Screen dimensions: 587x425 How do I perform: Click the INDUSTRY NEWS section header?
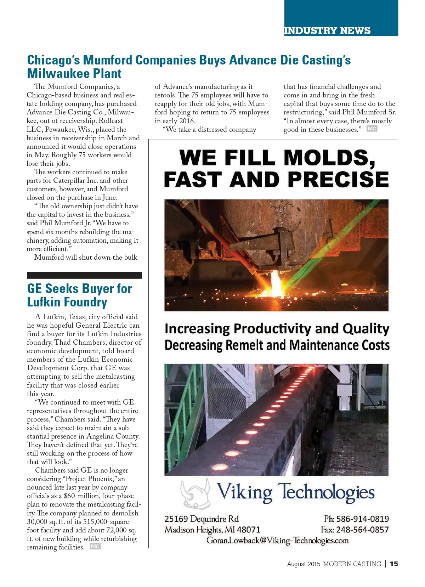point(327,31)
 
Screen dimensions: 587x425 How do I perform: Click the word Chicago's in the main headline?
point(53,60)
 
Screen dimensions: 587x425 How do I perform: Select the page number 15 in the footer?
point(394,564)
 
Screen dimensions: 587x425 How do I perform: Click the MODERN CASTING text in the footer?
point(352,564)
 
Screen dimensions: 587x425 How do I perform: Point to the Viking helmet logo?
point(195,493)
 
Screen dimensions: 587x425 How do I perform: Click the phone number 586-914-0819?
point(362,519)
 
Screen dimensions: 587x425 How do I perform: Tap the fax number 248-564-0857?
point(362,530)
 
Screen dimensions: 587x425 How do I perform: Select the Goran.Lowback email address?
point(277,541)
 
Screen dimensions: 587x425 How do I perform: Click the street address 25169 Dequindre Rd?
point(202,519)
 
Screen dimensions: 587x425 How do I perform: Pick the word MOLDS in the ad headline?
point(329,158)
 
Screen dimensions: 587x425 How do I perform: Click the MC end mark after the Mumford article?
point(372,129)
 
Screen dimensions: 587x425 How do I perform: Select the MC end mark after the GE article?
point(95,547)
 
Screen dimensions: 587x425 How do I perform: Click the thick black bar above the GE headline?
point(84,275)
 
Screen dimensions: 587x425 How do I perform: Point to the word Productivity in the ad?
point(272,329)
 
